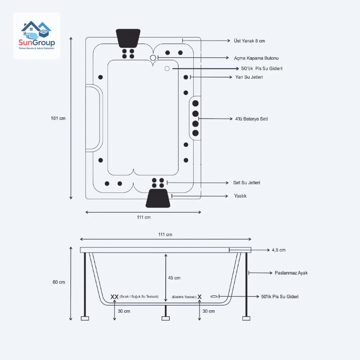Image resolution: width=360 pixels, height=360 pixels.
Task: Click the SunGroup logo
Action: [37, 36]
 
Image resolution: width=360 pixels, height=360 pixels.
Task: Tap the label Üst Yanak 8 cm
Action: [249, 41]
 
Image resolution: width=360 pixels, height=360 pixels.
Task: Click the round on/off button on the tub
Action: [153, 58]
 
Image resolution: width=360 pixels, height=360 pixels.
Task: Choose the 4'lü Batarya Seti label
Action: [251, 119]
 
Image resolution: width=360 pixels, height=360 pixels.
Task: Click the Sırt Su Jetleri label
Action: [247, 183]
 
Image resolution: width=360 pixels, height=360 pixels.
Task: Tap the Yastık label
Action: [240, 196]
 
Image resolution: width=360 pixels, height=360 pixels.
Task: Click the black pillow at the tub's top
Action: [128, 38]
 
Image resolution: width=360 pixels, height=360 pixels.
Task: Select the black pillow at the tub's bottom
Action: [158, 198]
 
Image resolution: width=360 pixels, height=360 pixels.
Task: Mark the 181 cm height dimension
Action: [58, 118]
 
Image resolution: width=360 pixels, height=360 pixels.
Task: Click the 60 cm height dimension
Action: [59, 282]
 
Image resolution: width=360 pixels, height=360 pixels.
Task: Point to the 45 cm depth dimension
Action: [174, 278]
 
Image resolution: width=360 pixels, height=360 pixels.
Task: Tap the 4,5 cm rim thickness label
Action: [278, 250]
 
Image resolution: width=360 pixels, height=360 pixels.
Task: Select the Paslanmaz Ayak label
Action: [291, 273]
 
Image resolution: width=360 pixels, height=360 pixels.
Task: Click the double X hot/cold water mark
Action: [114, 297]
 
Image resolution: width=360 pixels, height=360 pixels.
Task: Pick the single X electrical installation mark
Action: [199, 297]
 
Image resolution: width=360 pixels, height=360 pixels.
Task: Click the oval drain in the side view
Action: [214, 296]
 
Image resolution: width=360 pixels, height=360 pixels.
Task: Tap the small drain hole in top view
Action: [167, 68]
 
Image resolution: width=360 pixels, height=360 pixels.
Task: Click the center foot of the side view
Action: [165, 318]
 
